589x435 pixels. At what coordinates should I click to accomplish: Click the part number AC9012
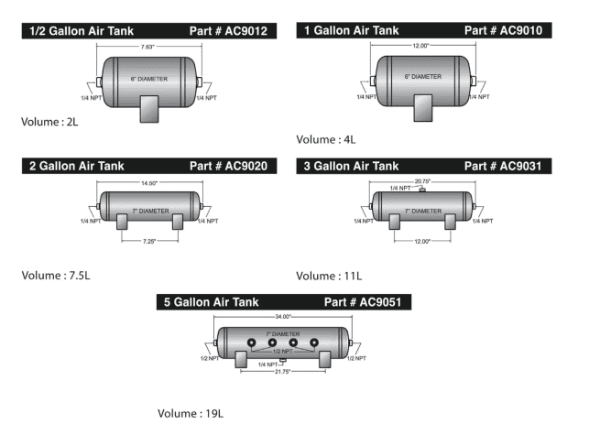tap(246, 31)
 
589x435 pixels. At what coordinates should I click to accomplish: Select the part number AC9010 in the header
tap(521, 30)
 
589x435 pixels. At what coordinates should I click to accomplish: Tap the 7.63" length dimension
tap(147, 47)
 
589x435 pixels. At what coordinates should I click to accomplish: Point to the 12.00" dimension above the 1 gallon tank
tap(420, 46)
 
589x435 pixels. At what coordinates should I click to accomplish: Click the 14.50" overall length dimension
tap(149, 183)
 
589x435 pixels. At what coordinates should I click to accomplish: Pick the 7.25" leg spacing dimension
tap(149, 241)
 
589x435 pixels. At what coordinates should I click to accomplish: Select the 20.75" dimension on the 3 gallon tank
tap(422, 181)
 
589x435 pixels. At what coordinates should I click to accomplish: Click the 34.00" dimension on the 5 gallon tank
tap(283, 317)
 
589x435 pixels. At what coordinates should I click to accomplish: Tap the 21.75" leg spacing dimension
tap(282, 372)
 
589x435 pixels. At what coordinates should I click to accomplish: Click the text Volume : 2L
tap(49, 122)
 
